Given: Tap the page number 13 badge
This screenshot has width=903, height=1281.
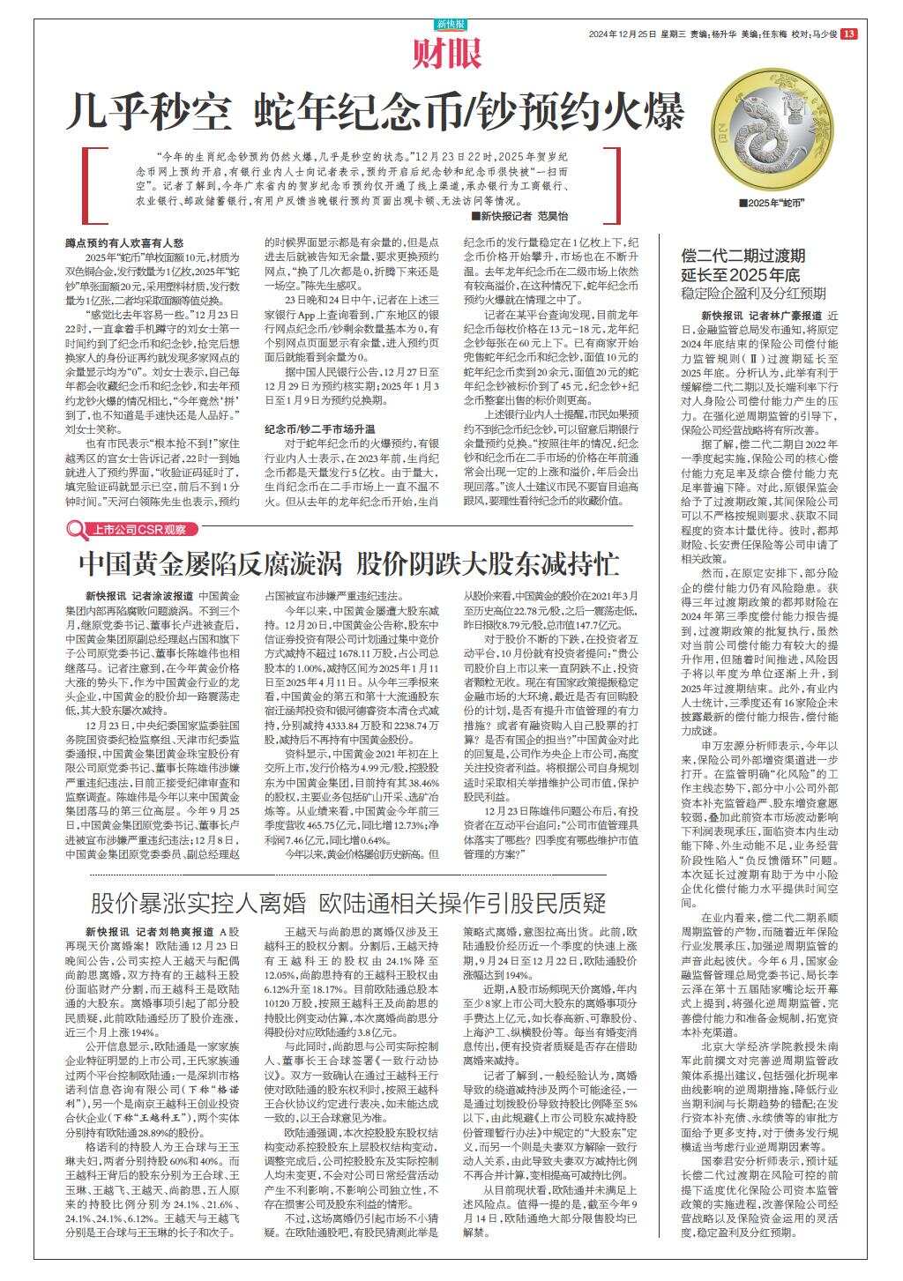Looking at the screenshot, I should tap(848, 34).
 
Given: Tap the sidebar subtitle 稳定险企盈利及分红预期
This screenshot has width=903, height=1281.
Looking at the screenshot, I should tap(753, 292).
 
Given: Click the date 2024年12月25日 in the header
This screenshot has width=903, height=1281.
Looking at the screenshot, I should tap(623, 34).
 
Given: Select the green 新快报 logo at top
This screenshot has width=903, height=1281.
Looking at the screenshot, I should tap(451, 23).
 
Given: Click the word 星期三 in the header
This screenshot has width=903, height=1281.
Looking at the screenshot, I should tap(673, 34).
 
